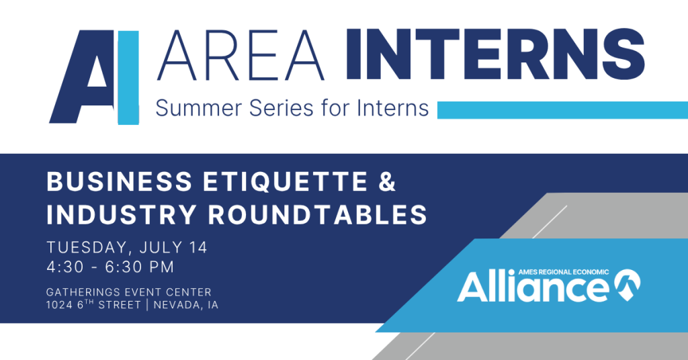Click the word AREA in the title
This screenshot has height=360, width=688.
click(241, 55)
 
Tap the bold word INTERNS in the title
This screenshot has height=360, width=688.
click(496, 55)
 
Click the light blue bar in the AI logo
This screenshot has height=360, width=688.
click(128, 78)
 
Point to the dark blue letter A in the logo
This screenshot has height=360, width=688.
click(82, 77)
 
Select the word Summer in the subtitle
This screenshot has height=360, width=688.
click(199, 108)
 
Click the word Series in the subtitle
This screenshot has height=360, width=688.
click(282, 108)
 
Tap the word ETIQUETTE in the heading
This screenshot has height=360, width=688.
click(285, 182)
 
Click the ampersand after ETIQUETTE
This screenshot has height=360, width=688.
click(386, 182)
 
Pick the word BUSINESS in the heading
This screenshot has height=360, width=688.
click(120, 182)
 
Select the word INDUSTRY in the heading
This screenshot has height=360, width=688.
click(122, 214)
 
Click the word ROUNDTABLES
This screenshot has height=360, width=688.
click(317, 214)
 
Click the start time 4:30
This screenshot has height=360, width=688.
click(65, 267)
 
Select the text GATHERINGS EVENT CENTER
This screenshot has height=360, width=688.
click(129, 292)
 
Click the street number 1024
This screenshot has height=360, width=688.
click(59, 305)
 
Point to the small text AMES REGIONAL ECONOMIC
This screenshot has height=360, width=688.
click(564, 272)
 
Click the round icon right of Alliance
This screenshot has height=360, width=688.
click(627, 285)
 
